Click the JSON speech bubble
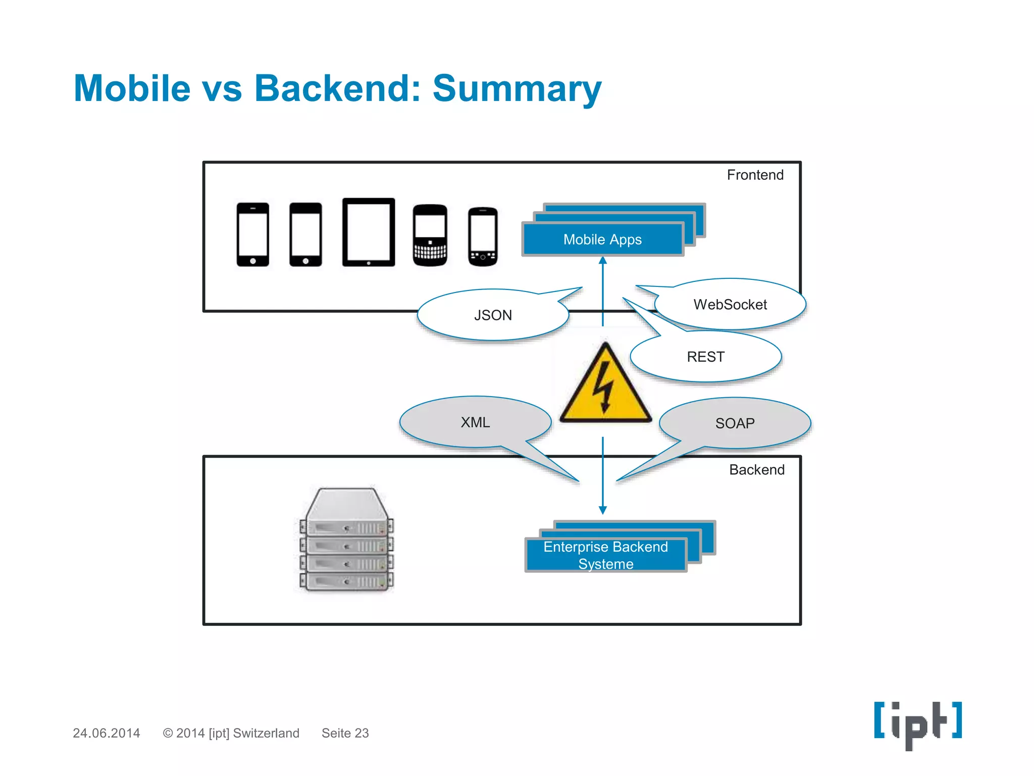(493, 315)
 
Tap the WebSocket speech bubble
(730, 305)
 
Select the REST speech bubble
(705, 357)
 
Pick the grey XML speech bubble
(475, 422)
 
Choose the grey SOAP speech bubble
(735, 423)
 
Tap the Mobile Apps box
(602, 239)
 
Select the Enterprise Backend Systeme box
(605, 555)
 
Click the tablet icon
(369, 232)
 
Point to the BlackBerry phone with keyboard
(430, 235)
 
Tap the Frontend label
(755, 175)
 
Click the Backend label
(756, 470)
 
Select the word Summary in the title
(516, 88)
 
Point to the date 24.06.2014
(106, 733)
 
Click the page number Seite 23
(345, 733)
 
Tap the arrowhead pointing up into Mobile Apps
(603, 261)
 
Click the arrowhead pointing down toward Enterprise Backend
(603, 510)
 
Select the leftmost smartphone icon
(252, 234)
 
